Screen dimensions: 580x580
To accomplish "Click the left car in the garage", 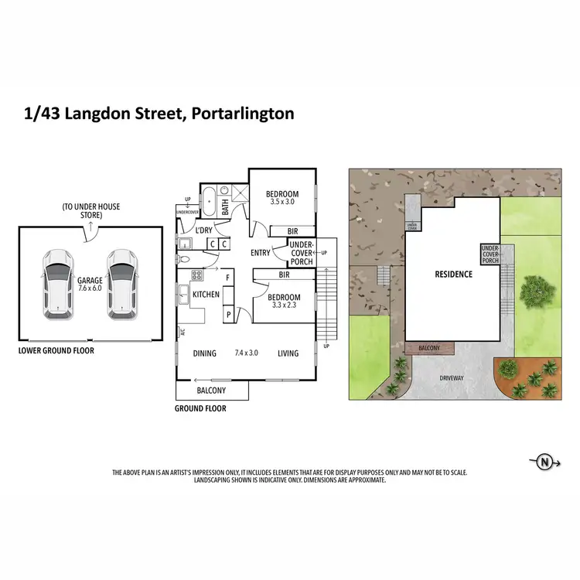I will (x=58, y=283).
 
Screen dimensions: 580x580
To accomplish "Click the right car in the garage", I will (x=121, y=283).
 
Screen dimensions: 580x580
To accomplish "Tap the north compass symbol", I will (x=545, y=462).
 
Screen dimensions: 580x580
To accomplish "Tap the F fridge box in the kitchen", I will (x=228, y=277).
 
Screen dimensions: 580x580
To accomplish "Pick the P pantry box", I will (x=228, y=316).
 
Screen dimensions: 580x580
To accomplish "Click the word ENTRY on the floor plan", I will (x=261, y=253).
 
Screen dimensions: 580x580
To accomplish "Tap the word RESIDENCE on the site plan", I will (x=453, y=274).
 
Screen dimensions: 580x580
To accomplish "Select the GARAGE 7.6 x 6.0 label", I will (x=90, y=285).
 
